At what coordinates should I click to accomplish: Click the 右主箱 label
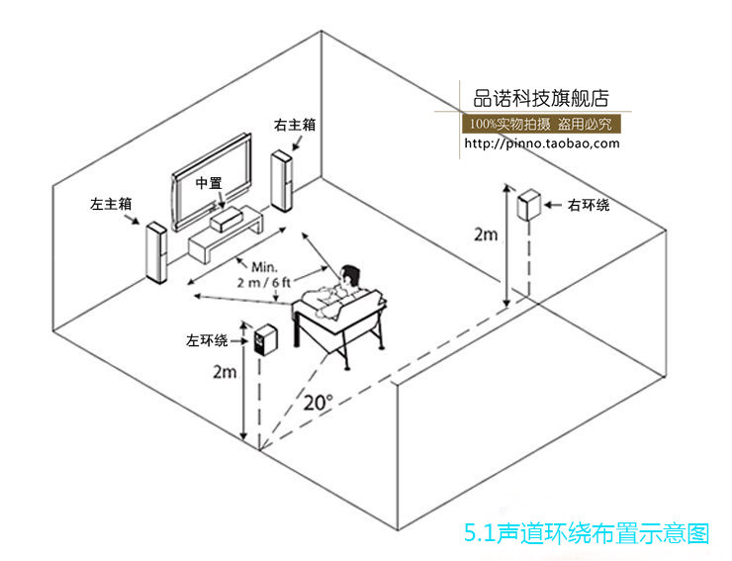(x=295, y=126)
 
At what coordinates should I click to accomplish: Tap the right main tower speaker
(x=283, y=181)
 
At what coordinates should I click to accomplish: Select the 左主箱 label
(x=111, y=204)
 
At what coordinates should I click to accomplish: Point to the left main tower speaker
(x=155, y=253)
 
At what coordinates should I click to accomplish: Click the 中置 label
(x=208, y=183)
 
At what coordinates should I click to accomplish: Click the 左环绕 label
(x=206, y=340)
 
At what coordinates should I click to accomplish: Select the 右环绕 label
(x=588, y=205)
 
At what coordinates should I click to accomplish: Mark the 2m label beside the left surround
(x=225, y=372)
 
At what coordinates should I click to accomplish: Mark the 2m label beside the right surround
(x=486, y=234)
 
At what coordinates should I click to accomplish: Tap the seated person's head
(x=350, y=276)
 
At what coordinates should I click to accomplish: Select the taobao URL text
(x=542, y=142)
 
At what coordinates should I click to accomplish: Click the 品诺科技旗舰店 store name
(x=541, y=98)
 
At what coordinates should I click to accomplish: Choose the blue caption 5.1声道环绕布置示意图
(x=587, y=534)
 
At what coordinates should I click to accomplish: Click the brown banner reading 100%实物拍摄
(x=541, y=124)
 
